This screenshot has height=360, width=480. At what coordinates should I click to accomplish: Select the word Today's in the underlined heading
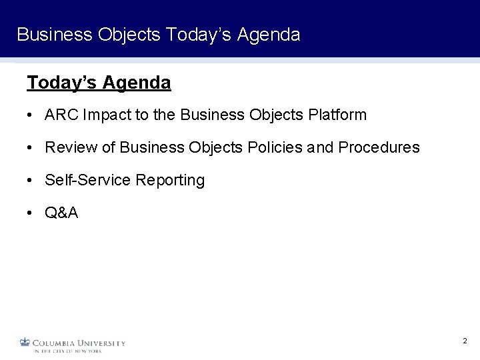[x=63, y=83]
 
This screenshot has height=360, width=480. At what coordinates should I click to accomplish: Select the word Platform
[x=337, y=115]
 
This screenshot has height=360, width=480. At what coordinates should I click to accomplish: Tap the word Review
[x=65, y=147]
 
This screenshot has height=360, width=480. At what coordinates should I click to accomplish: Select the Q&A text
[x=61, y=213]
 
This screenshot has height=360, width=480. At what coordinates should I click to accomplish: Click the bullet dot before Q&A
[x=31, y=213]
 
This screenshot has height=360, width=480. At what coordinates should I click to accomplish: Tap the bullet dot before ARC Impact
[x=31, y=115]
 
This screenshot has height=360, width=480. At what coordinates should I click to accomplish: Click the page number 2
[x=465, y=341]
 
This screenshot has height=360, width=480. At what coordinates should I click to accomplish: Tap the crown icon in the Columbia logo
[x=25, y=343]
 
